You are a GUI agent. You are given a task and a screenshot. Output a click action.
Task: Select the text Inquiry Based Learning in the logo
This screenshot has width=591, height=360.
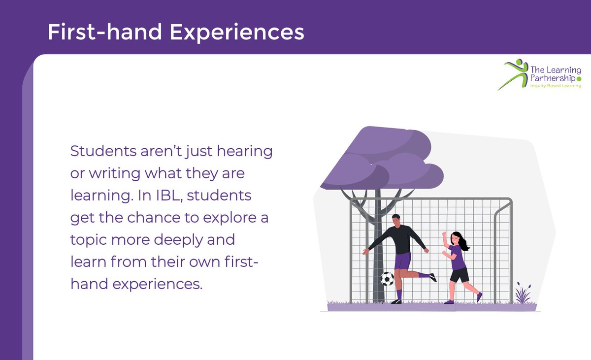coord(556,86)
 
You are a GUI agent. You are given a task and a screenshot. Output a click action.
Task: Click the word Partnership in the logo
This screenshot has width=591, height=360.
coord(552,77)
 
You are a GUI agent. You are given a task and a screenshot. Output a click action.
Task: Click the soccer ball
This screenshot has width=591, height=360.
coord(387,279)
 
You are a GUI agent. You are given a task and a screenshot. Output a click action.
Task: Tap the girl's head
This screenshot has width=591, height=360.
coord(456,238)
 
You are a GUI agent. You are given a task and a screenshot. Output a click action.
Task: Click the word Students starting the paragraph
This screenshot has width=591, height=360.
coord(101,151)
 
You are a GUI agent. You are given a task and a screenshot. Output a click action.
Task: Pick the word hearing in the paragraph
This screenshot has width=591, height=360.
coord(245,151)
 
